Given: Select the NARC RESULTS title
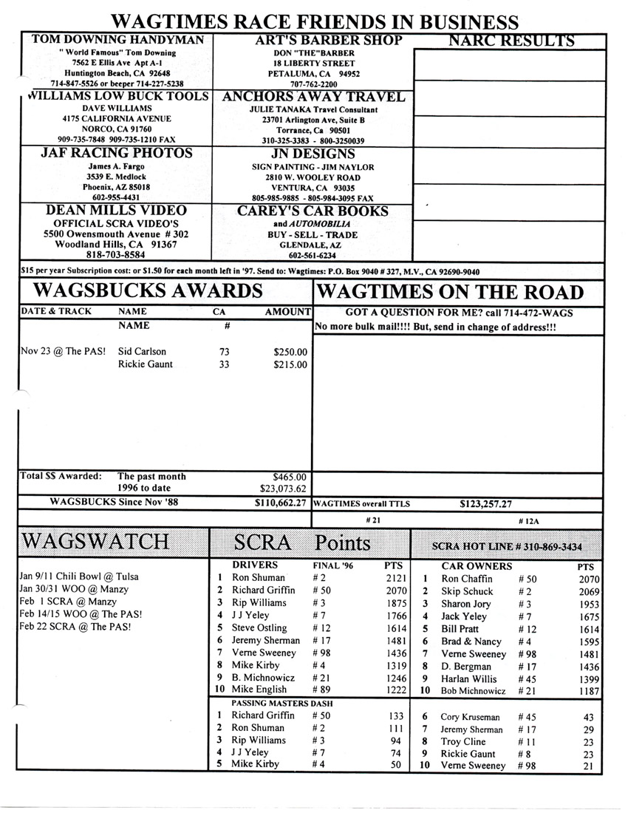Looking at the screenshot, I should click(x=511, y=41).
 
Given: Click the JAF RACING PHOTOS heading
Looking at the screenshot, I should click(x=117, y=153).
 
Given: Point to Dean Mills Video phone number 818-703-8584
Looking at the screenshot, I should click(x=117, y=255).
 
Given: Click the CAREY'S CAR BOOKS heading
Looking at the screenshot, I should click(x=313, y=211).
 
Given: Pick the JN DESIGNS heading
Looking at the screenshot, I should click(x=313, y=154).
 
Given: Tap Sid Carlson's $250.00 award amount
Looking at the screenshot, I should click(x=290, y=352).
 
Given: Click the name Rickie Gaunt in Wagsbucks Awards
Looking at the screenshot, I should click(x=146, y=364).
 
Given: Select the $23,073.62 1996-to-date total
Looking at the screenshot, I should click(x=284, y=489).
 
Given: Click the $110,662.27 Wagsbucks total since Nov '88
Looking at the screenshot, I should click(x=280, y=503).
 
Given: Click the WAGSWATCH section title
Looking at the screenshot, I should click(x=96, y=542).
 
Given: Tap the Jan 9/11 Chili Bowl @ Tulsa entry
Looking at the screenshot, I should click(x=77, y=576).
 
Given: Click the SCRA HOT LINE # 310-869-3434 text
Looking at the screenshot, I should click(x=507, y=547).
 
